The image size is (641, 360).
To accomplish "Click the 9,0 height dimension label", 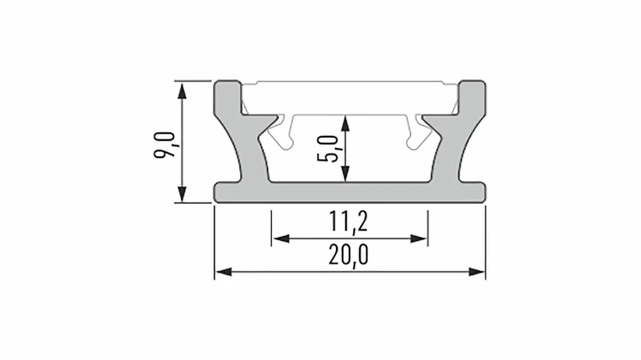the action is point(164,145).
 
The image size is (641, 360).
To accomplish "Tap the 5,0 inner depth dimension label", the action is point(328,149).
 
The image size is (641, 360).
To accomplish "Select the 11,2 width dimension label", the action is point(349,221).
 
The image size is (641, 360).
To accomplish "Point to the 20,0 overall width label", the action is point(349,255).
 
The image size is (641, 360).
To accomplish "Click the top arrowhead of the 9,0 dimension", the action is point(182,91).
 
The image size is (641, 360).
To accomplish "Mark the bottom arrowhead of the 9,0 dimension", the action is point(182,194).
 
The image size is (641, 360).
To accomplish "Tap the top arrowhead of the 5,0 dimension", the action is point(346,123).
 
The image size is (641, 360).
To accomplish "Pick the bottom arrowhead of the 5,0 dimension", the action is point(346,174).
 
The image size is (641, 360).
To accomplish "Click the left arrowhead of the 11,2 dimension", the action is point(281,239).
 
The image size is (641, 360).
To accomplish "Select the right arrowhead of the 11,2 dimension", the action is point(419,239).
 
